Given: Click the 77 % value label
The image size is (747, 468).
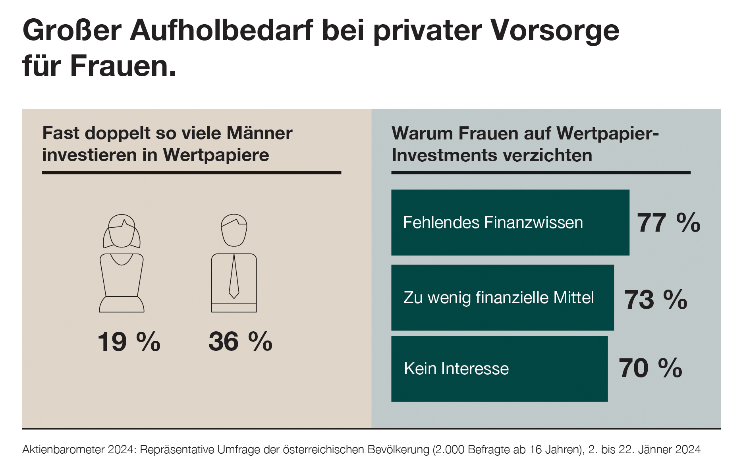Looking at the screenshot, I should [668, 223].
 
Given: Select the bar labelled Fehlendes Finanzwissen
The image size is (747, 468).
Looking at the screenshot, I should [510, 222].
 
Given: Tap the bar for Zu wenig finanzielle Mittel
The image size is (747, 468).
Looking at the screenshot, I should [502, 298].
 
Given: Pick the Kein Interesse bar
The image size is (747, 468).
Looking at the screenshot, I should [499, 369].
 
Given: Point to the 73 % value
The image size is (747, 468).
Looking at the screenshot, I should [655, 300].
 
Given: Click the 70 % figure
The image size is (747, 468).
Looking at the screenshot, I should [650, 368].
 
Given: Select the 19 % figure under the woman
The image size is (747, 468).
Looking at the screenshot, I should [129, 342].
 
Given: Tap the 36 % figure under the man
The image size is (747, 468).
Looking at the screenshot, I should [240, 342].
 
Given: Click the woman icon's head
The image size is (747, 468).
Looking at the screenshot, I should [122, 231].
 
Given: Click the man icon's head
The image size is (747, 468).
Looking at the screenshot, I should [234, 230].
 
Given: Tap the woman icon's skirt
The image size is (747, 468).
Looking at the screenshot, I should [122, 304].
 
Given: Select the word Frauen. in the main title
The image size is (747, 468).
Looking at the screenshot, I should [123, 66].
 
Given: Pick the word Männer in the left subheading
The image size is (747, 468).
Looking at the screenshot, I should [259, 133].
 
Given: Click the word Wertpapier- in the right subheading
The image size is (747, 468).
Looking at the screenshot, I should [608, 133].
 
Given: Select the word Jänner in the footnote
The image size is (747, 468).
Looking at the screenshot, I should [656, 450].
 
